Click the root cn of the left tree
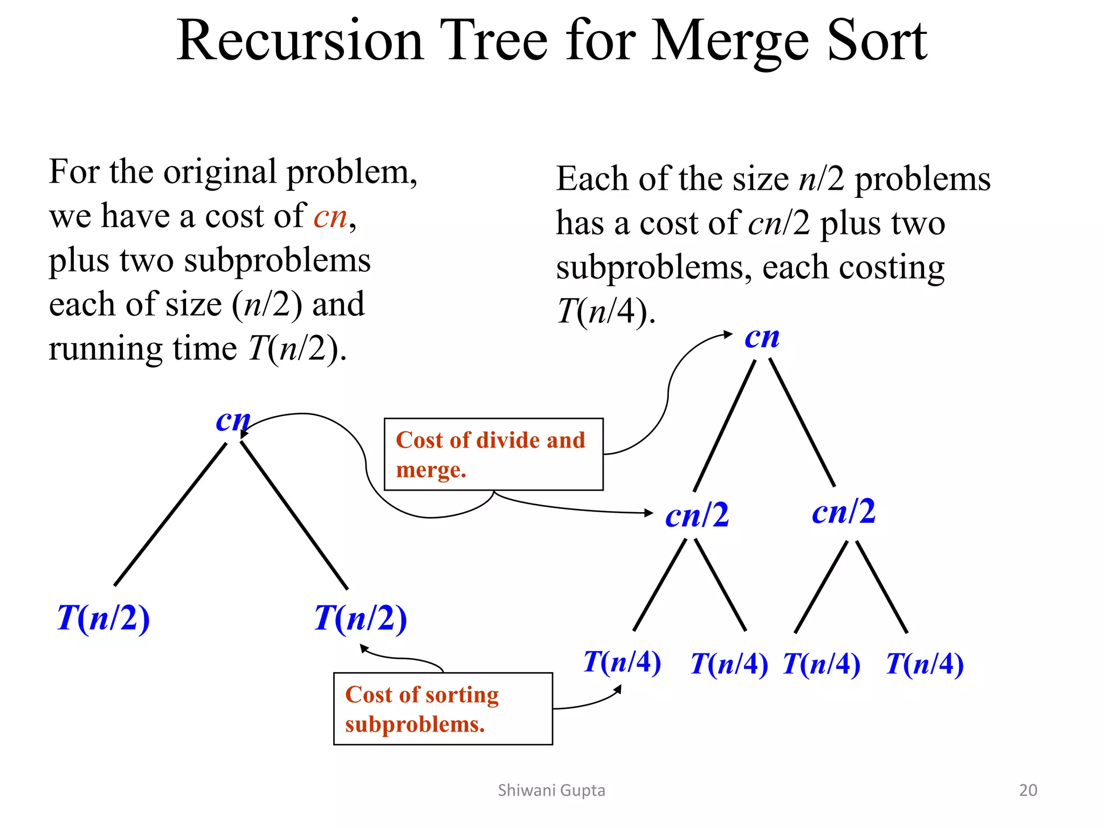point(233,420)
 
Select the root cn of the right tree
point(762,338)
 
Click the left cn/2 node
point(697,515)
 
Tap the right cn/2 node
point(844,512)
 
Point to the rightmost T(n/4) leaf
point(924,664)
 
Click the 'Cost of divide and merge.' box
point(493,454)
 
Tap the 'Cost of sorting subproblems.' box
point(443,708)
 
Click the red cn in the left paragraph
point(330,217)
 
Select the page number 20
point(1028,790)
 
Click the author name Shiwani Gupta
point(551,790)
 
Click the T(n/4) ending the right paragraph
point(605,312)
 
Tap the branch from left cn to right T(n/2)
point(294,515)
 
